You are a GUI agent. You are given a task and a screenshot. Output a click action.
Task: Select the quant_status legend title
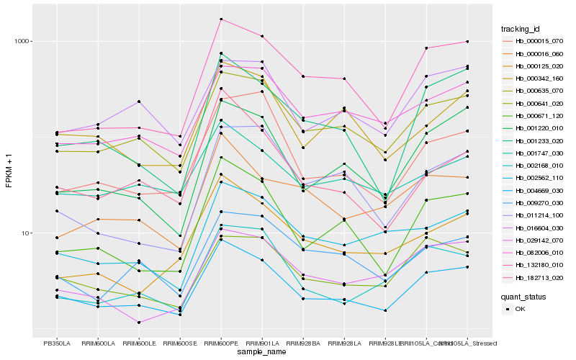pyautogui.click(x=523, y=296)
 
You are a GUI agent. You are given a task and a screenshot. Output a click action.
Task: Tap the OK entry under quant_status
pyautogui.click(x=521, y=309)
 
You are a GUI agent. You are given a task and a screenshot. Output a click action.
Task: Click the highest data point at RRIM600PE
pyautogui.click(x=221, y=19)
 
